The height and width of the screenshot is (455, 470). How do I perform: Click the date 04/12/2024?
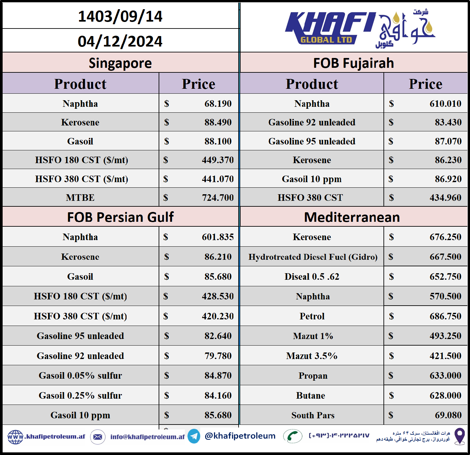tap(120, 41)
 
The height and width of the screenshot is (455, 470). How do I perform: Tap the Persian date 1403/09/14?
tap(120, 16)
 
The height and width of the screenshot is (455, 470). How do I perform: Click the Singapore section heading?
tap(120, 63)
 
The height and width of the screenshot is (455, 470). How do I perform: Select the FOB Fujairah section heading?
tap(353, 63)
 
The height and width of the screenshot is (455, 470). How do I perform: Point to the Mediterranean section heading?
tap(352, 217)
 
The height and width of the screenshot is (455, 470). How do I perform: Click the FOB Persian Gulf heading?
tap(120, 217)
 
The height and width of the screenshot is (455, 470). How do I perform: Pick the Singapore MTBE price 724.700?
tap(218, 198)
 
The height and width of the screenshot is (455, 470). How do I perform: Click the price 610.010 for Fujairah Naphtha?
tap(445, 104)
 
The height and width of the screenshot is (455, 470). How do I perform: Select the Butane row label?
tap(310, 395)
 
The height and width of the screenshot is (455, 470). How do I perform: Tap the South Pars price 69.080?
tap(448, 415)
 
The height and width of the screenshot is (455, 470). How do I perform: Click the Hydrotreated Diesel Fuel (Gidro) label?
tap(313, 257)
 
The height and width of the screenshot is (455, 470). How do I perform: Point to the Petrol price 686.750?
tap(445, 316)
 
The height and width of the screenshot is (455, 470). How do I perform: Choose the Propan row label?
tap(313, 376)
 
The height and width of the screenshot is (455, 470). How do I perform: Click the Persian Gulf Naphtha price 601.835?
tap(218, 237)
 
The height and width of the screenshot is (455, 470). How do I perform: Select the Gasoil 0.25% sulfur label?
tap(80, 395)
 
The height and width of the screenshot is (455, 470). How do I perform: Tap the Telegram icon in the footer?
tap(194, 436)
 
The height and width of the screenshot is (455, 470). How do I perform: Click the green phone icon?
tap(292, 436)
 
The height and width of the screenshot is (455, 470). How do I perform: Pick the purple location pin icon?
tap(460, 436)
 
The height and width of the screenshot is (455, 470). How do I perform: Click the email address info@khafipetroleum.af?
tap(147, 437)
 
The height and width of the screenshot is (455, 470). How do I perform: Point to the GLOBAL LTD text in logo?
tap(326, 40)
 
